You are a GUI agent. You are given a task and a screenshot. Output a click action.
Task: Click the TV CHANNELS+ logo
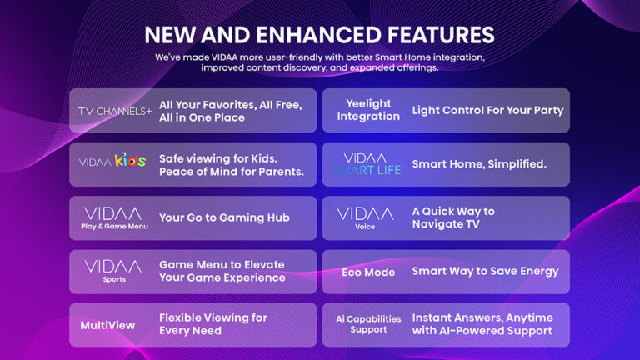pos(115,111)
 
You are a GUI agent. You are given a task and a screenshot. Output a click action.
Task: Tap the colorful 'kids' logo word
pos(131,160)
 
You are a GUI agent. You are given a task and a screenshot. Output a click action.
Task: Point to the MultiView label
pos(107,325)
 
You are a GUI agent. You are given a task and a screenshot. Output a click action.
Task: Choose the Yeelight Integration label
pos(368,110)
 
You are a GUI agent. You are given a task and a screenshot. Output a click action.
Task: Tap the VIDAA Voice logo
pos(365,217)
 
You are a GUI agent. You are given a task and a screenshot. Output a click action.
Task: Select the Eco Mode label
pos(368,272)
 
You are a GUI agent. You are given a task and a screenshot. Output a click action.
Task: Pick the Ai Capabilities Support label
pos(368,324)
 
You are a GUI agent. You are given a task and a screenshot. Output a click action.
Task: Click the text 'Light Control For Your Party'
pos(487,110)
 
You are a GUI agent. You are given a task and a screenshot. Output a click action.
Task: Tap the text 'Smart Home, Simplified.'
pos(479,164)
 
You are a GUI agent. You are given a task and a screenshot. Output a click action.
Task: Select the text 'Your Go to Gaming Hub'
pos(224,217)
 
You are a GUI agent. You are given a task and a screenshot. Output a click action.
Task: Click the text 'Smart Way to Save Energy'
pos(485,271)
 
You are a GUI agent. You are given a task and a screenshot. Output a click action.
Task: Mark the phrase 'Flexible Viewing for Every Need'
pos(213,324)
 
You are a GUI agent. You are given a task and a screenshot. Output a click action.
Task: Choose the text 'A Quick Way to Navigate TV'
pos(453,217)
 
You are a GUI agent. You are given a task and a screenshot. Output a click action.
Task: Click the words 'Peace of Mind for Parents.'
pos(232,172)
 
